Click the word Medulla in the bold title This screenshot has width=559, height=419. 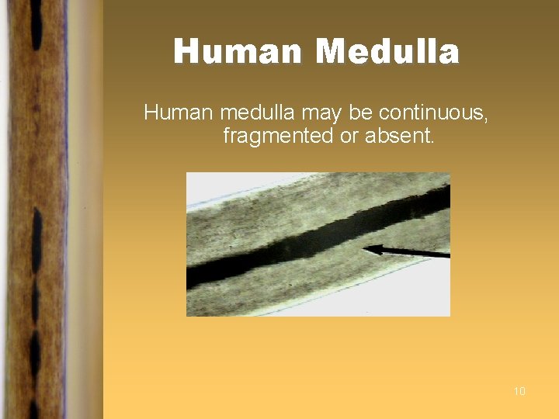[388, 52]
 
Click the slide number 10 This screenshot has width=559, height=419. [519, 391]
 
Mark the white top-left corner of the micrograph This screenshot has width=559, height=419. [194, 180]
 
